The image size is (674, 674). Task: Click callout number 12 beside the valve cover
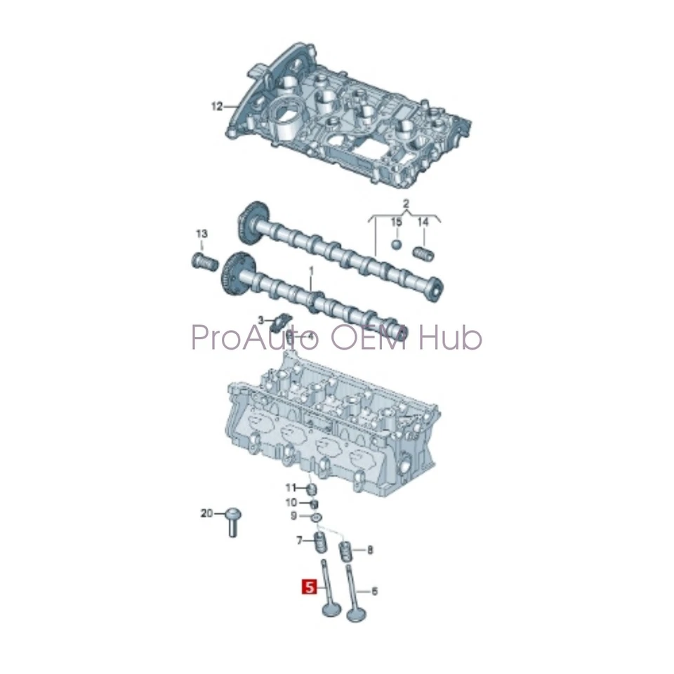[x=216, y=107]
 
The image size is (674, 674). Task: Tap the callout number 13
[x=201, y=234]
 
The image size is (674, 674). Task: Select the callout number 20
[x=206, y=513]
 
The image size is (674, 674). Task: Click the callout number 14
[x=423, y=222]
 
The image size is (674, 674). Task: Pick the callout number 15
[x=397, y=222]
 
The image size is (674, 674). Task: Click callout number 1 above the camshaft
[x=312, y=270]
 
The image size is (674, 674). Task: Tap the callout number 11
[x=291, y=487]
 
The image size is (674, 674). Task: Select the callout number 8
[x=371, y=550]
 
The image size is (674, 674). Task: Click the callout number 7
[x=299, y=540]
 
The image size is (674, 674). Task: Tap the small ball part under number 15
[x=397, y=246]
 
